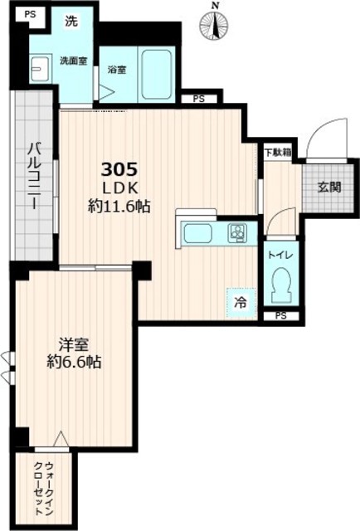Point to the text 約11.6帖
tap(119, 207)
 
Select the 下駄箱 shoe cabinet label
tap(278, 152)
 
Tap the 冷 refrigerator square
tap(238, 303)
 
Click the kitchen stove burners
tap(236, 233)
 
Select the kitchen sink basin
tap(199, 234)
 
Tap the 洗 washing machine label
tap(73, 22)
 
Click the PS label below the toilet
tap(280, 316)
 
